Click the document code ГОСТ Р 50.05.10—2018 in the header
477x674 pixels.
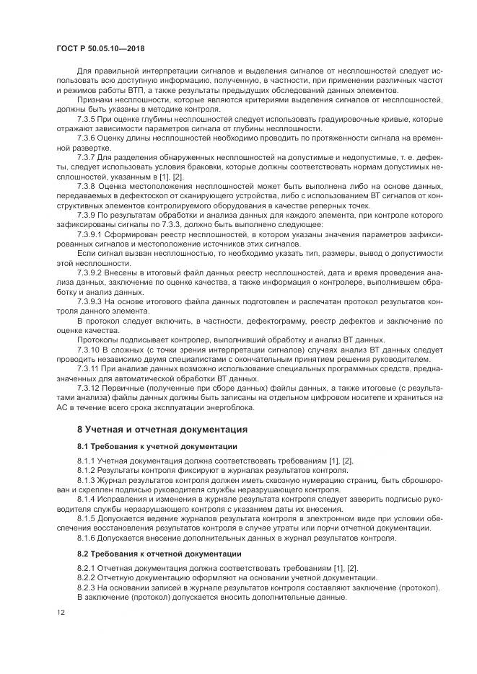point(107,48)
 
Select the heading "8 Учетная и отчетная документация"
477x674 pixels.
point(162,429)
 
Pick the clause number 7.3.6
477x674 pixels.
point(87,136)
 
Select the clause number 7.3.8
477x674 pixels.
point(87,185)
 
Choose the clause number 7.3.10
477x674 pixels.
point(89,350)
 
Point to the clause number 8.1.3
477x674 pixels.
point(87,479)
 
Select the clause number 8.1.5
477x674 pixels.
point(87,518)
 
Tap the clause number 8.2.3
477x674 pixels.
point(87,587)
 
